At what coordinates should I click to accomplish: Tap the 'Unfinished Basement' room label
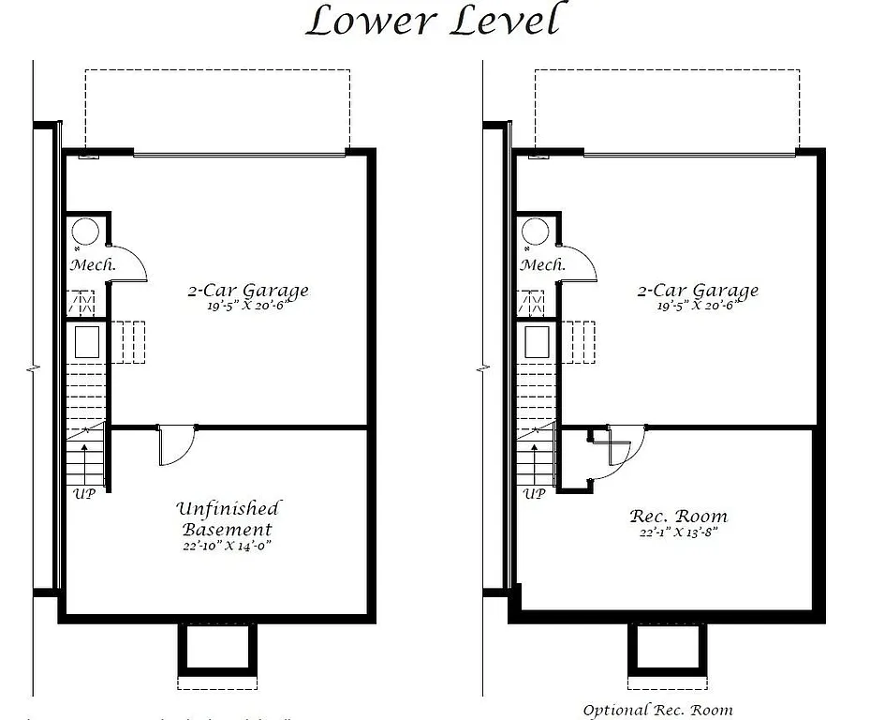click(x=228, y=519)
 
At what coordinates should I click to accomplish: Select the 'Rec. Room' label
click(x=678, y=517)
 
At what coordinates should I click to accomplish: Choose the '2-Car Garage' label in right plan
click(x=697, y=290)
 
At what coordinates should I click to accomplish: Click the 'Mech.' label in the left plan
click(x=93, y=265)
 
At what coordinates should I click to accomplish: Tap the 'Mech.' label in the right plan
click(x=543, y=265)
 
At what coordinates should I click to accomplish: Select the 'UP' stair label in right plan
click(x=535, y=492)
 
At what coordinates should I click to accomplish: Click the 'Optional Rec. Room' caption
click(x=657, y=710)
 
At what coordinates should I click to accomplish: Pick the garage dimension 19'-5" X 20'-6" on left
click(x=246, y=306)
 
